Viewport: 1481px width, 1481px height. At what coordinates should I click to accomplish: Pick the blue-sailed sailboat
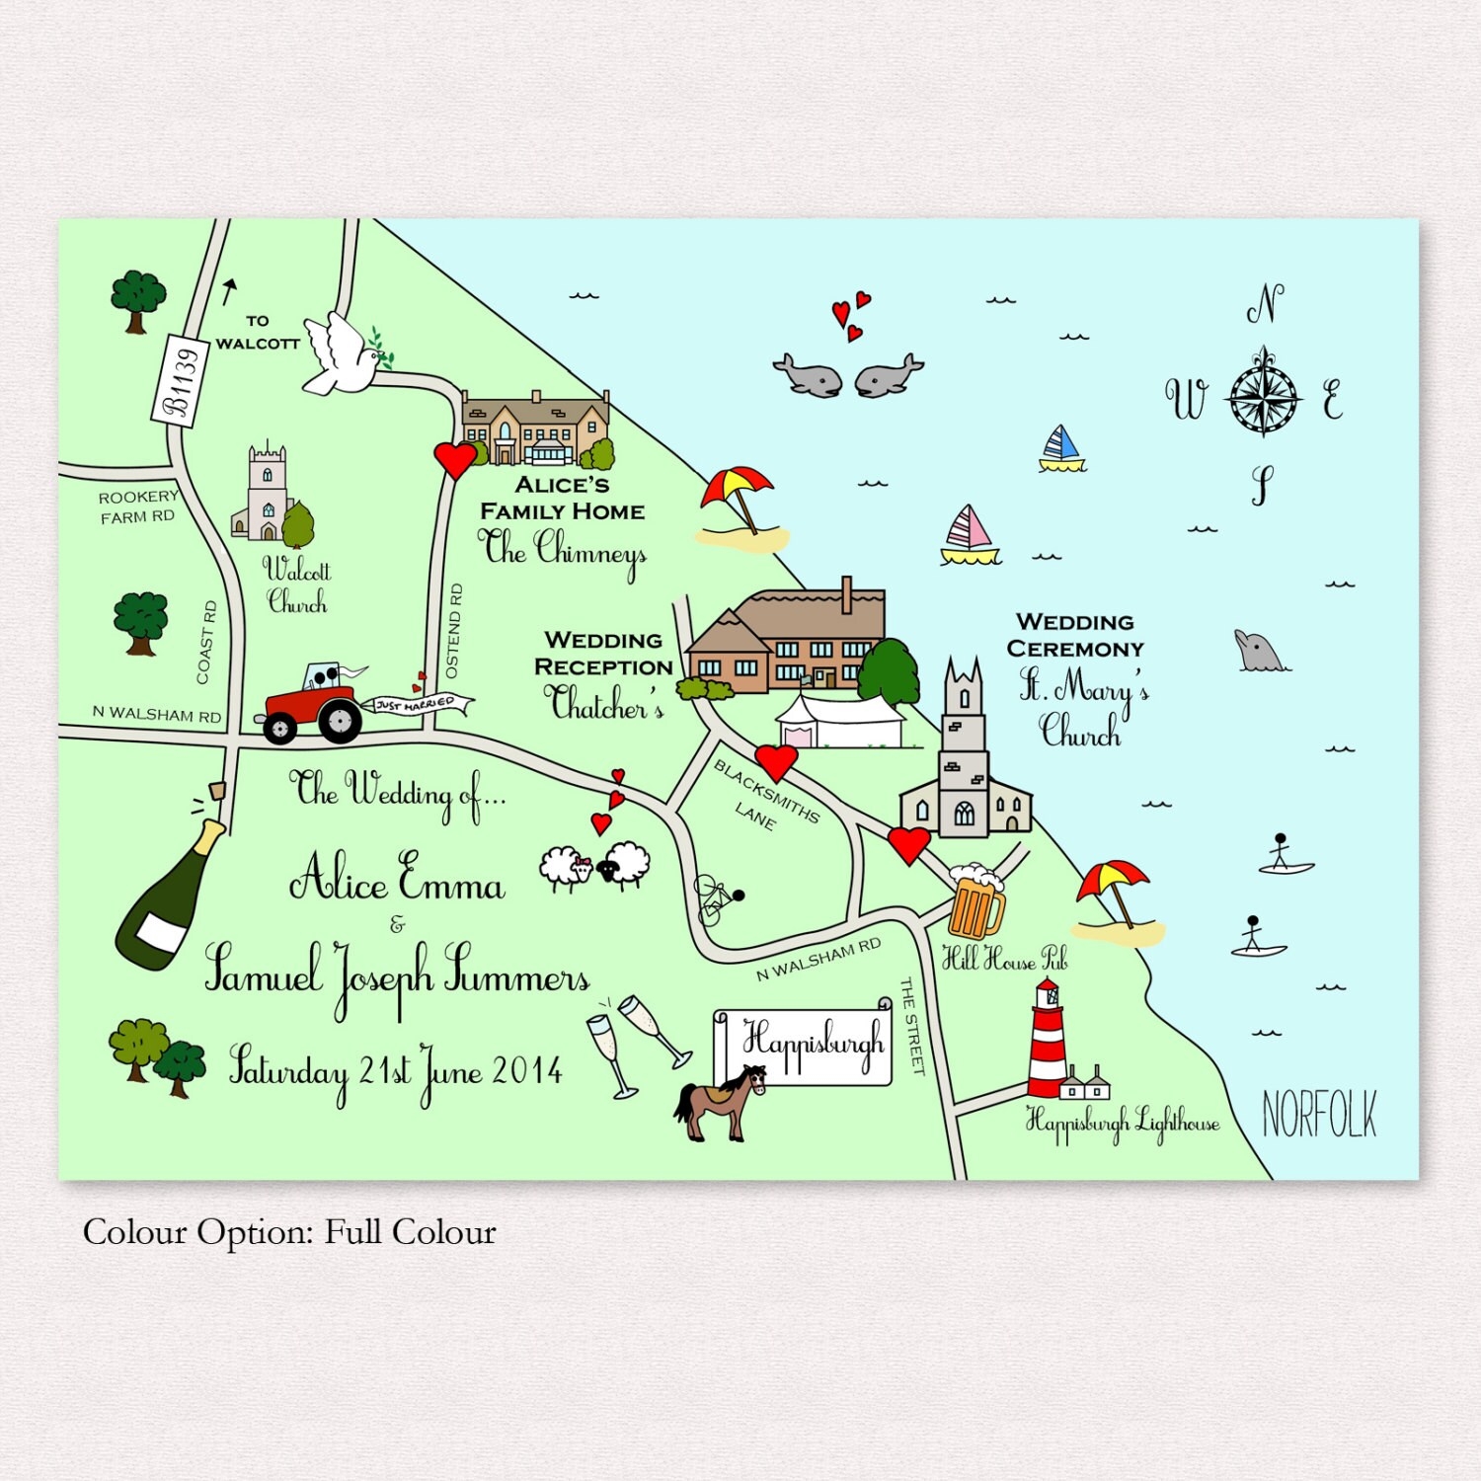1060,449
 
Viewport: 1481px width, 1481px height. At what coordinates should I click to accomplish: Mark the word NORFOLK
1319,1116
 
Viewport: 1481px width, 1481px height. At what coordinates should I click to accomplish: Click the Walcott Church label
296,585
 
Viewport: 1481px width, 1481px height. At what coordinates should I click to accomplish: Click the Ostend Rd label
454,631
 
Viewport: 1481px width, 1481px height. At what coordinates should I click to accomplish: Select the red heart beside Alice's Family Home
455,459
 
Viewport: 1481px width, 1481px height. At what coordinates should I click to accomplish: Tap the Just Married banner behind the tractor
420,704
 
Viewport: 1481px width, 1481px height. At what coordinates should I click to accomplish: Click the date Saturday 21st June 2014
395,1071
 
